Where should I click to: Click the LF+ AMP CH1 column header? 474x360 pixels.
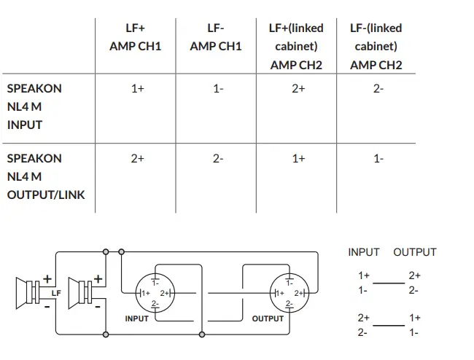click(x=136, y=37)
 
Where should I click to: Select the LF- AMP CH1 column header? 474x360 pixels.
click(x=215, y=37)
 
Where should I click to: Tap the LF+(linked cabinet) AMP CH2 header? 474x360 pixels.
click(x=296, y=46)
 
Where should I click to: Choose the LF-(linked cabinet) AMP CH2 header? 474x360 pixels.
click(x=376, y=46)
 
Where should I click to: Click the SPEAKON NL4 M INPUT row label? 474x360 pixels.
click(x=34, y=106)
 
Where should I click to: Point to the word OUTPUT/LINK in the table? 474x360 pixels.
click(x=45, y=195)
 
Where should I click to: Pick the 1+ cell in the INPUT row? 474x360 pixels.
click(x=137, y=89)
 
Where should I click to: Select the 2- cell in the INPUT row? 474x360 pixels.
click(x=378, y=89)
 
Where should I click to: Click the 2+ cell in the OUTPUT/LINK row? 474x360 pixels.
click(x=137, y=158)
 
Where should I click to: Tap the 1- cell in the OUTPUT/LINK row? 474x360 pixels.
click(x=378, y=158)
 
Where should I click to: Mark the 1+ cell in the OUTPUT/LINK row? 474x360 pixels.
click(x=298, y=158)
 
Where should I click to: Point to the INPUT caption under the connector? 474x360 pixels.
click(x=136, y=318)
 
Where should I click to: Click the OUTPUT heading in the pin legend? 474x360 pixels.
click(x=414, y=252)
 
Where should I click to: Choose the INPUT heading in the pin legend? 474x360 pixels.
click(x=363, y=252)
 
